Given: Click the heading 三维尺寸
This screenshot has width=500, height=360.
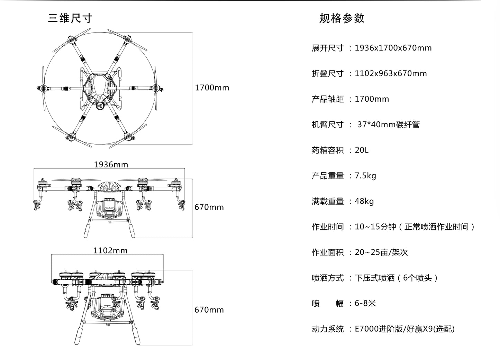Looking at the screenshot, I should click(70, 18).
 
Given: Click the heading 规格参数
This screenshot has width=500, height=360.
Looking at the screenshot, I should click(342, 18).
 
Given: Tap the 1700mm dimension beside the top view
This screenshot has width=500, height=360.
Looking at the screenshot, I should click(212, 88).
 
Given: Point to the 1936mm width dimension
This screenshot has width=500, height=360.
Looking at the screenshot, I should click(111, 165).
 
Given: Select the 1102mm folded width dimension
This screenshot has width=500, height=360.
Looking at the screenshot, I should click(110, 250).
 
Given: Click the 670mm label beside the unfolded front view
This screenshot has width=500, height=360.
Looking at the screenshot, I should click(209, 207).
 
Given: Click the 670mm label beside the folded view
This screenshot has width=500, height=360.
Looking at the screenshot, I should click(209, 310).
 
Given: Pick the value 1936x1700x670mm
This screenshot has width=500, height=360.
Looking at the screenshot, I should click(393, 48).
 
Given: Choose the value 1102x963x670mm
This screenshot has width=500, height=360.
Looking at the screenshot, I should click(391, 74).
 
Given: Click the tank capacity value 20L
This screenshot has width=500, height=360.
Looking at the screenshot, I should click(362, 150).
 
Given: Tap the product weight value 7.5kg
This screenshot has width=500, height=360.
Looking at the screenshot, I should click(365, 176).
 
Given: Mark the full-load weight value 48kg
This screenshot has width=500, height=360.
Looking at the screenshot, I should click(364, 201).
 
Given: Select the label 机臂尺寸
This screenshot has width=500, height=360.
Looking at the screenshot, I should click(327, 124).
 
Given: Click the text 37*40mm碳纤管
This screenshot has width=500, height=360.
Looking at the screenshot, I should click(388, 124).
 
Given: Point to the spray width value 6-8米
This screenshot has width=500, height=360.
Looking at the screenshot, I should click(365, 304).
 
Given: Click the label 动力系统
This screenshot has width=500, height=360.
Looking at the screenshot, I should click(327, 329).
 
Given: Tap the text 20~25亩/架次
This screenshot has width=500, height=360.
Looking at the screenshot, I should click(381, 252).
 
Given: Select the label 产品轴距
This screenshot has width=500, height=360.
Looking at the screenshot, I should click(327, 99).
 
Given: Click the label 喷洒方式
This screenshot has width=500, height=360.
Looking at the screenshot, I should click(327, 278).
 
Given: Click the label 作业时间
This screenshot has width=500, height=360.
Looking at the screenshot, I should click(327, 227).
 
